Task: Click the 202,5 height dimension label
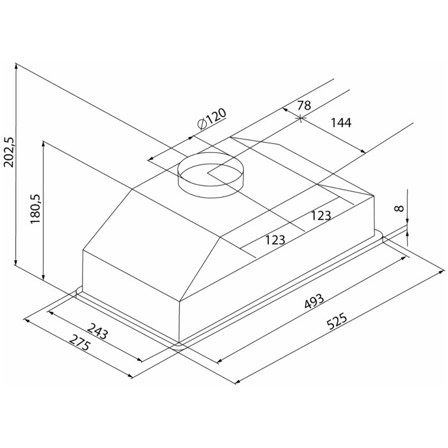9,152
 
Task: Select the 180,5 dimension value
36,209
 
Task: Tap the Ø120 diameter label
212,119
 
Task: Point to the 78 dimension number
304,106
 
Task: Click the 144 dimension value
341,123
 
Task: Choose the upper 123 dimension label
321,216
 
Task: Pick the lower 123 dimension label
275,240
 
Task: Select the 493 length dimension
314,301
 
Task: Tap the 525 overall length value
337,322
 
